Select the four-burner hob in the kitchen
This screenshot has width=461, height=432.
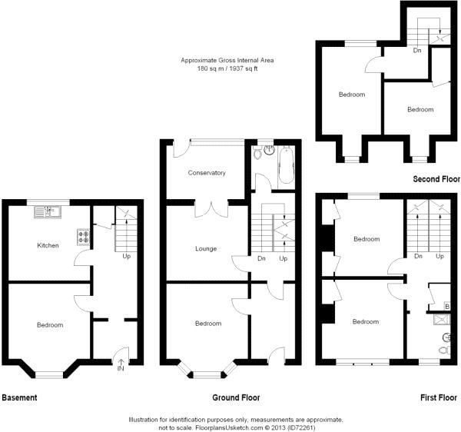[x=82, y=237]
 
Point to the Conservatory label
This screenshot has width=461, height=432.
[x=207, y=173]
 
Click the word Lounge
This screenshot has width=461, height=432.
[x=206, y=248]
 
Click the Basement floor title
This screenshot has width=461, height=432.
[x=19, y=398]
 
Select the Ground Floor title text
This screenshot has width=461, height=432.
[x=235, y=398]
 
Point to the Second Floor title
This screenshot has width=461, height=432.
[x=436, y=178]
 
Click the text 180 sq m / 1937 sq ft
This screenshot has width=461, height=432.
[x=227, y=69]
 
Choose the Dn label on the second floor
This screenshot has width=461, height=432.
[x=417, y=51]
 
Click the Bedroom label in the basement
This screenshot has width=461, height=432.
[x=51, y=325]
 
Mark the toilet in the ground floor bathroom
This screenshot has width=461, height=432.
[x=266, y=152]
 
